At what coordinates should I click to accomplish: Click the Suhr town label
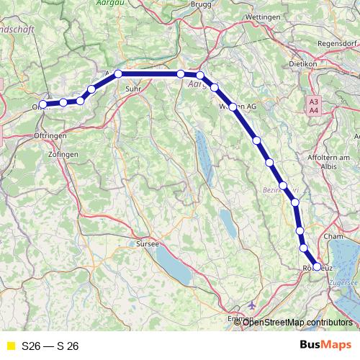point(132,89)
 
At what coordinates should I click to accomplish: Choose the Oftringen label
point(50,135)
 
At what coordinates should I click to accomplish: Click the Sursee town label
point(148,245)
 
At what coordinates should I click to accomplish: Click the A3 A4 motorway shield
point(314,107)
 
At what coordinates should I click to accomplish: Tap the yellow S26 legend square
point(11,346)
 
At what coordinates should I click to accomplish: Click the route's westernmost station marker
point(43,104)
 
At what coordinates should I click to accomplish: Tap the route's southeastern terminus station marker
point(317,266)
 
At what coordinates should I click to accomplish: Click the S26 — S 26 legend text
point(50,346)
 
